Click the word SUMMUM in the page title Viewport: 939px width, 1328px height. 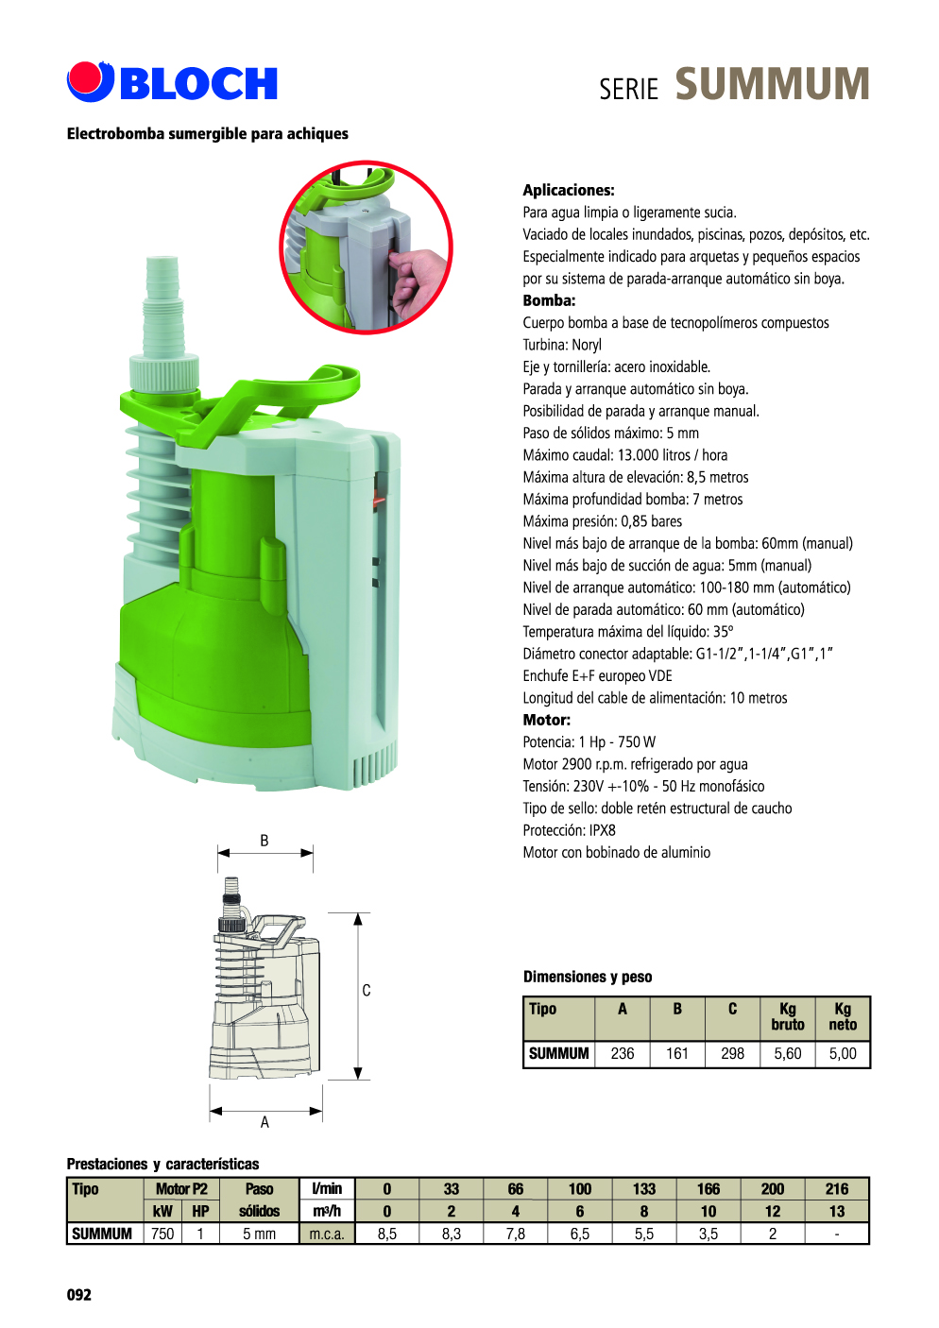772,84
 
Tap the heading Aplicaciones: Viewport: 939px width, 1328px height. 569,190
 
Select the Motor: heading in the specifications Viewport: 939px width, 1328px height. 547,721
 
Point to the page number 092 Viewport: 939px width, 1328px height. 78,1295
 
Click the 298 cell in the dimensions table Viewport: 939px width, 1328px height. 732,1053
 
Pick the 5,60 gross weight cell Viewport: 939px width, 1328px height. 787,1053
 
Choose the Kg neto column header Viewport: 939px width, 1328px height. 843,1016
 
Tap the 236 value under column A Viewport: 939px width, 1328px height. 622,1053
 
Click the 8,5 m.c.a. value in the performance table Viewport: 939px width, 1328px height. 387,1234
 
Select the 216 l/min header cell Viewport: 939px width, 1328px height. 836,1188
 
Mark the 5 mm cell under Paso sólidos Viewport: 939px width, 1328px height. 259,1234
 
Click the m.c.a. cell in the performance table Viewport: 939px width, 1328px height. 327,1234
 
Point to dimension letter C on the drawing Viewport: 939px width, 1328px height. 367,990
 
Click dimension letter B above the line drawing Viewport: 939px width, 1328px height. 265,841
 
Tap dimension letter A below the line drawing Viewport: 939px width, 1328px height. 265,1122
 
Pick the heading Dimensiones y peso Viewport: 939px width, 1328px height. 588,977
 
